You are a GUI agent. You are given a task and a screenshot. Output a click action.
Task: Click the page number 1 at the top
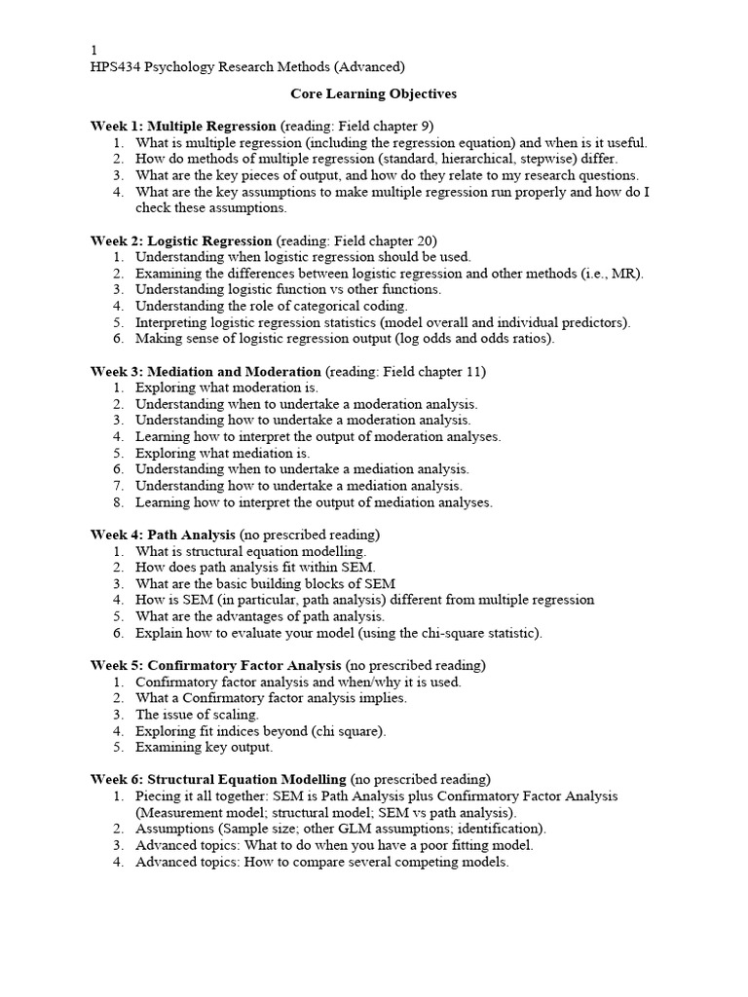pos(94,50)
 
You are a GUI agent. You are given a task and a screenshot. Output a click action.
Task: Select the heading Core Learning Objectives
pos(374,94)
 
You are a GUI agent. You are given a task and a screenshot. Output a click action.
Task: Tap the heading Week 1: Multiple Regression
pos(183,126)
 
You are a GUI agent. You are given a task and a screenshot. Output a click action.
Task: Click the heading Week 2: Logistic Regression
pos(181,240)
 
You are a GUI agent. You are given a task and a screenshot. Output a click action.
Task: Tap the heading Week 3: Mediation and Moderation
pos(206,371)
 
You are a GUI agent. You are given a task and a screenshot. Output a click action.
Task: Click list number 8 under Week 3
pos(118,502)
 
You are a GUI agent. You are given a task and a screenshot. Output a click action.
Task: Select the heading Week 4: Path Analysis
pos(163,535)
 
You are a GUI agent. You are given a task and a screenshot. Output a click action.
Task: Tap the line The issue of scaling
pos(197,715)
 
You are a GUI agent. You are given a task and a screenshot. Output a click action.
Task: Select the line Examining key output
pos(205,747)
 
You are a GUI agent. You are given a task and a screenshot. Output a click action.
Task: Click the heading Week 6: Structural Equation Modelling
pos(218,779)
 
